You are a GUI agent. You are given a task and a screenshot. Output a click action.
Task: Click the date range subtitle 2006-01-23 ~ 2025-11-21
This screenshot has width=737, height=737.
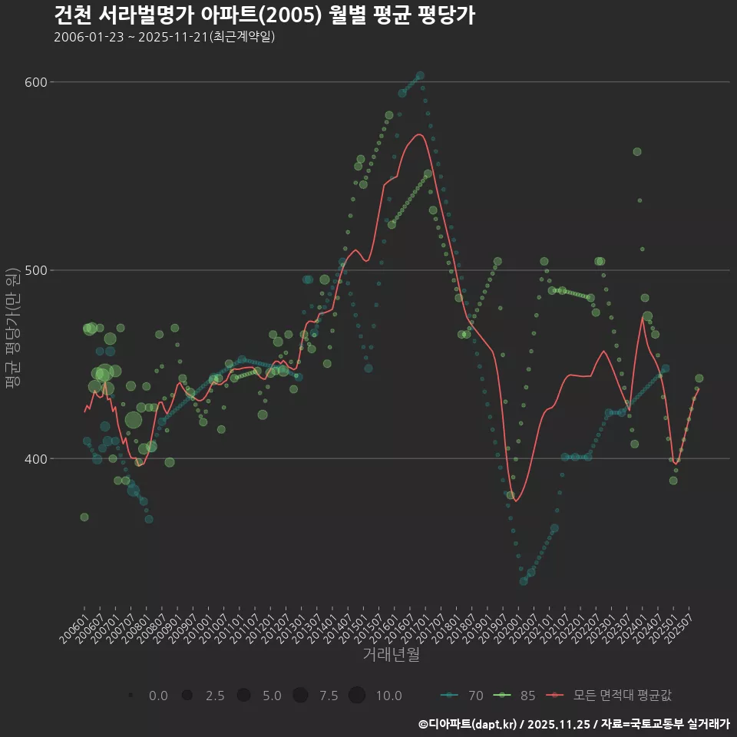pos(164,37)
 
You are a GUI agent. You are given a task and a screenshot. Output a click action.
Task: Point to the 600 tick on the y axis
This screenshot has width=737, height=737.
pos(38,82)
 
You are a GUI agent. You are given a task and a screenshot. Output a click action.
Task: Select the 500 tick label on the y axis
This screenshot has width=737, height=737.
pos(38,270)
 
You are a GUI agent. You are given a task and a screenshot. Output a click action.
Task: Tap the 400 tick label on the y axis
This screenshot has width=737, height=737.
pos(38,459)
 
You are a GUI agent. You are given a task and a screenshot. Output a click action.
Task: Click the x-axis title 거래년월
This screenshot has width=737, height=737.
pos(392,655)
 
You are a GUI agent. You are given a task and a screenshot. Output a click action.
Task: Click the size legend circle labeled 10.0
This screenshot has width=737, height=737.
pos(356,696)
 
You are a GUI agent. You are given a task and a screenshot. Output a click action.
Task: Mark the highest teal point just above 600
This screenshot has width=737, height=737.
pos(420,75)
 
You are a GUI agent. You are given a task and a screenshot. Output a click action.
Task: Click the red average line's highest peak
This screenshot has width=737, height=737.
pos(419,134)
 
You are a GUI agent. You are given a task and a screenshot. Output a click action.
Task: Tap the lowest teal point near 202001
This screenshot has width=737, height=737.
pos(524,581)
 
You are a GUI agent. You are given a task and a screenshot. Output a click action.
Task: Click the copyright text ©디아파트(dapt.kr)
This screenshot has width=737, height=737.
pos(468,724)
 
